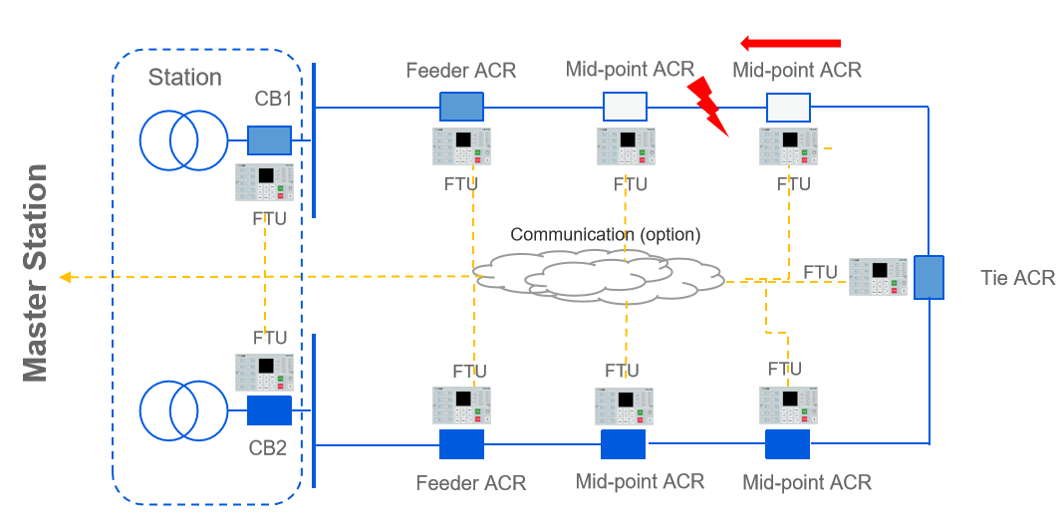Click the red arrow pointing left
point(791,43)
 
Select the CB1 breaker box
point(269,139)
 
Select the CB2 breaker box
point(269,410)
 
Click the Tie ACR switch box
point(929,277)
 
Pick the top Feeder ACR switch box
point(461,106)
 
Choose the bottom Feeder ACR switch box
point(461,444)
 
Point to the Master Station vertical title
point(35,273)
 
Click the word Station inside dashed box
point(185,78)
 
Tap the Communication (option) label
point(606,235)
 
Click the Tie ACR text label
point(1017,278)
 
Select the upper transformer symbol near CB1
point(182,139)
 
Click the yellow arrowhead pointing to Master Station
point(66,277)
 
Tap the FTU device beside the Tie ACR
point(878,277)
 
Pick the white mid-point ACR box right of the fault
point(788,106)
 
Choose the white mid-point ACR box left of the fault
point(626,106)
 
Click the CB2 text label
point(268,448)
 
